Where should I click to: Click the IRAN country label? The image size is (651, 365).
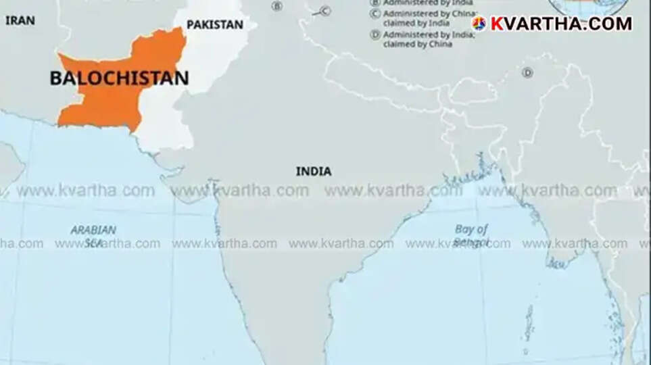(x=20, y=20)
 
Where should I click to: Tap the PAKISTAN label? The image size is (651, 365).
(x=214, y=24)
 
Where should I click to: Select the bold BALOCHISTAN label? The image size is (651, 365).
(x=119, y=78)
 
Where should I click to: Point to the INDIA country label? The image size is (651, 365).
(x=314, y=171)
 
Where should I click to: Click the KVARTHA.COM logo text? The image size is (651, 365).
(x=560, y=24)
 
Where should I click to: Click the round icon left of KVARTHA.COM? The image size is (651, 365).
(x=479, y=24)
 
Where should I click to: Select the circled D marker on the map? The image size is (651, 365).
(x=527, y=72)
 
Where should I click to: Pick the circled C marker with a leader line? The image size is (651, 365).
(x=324, y=10)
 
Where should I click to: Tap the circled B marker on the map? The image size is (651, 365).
(x=276, y=6)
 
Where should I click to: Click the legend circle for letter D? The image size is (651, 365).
(x=375, y=34)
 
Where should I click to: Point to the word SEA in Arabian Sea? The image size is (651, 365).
(x=93, y=243)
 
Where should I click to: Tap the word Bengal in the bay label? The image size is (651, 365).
(x=472, y=242)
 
